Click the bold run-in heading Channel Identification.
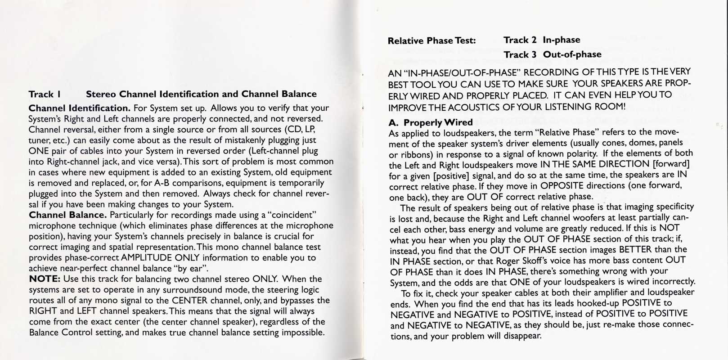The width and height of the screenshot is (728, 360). (79, 108)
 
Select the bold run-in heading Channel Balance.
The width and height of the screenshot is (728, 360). (67, 215)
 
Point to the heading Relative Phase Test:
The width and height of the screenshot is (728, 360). (431, 40)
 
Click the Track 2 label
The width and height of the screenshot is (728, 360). (520, 40)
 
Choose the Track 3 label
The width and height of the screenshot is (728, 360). (520, 54)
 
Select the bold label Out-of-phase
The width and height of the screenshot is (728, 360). (572, 54)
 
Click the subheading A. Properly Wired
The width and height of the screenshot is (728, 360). (431, 122)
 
